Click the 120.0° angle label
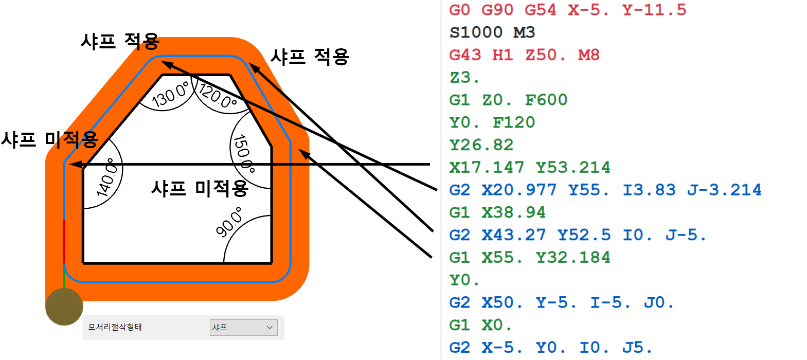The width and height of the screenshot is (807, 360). tap(217, 96)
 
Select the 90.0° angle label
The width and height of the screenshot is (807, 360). tap(229, 222)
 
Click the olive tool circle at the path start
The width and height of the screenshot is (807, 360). tap(64, 307)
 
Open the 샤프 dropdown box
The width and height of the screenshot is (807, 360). tap(243, 328)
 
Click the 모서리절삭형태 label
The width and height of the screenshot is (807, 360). tap(115, 328)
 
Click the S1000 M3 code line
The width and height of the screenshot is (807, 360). tap(492, 32)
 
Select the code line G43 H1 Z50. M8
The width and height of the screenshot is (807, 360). tap(524, 55)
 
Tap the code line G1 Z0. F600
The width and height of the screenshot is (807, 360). tap(508, 100)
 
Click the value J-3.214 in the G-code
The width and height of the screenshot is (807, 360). tap(724, 190)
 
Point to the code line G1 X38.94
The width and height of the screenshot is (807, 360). tap(497, 212)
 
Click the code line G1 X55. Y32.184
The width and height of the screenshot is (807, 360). tap(529, 257)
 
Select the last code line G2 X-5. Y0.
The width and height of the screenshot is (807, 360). tap(550, 348)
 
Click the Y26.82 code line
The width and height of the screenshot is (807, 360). tap(481, 145)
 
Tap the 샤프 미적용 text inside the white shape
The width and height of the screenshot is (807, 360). tap(200, 189)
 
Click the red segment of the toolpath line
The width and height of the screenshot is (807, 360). tap(64, 241)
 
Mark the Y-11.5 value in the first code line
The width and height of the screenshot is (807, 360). tap(654, 10)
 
